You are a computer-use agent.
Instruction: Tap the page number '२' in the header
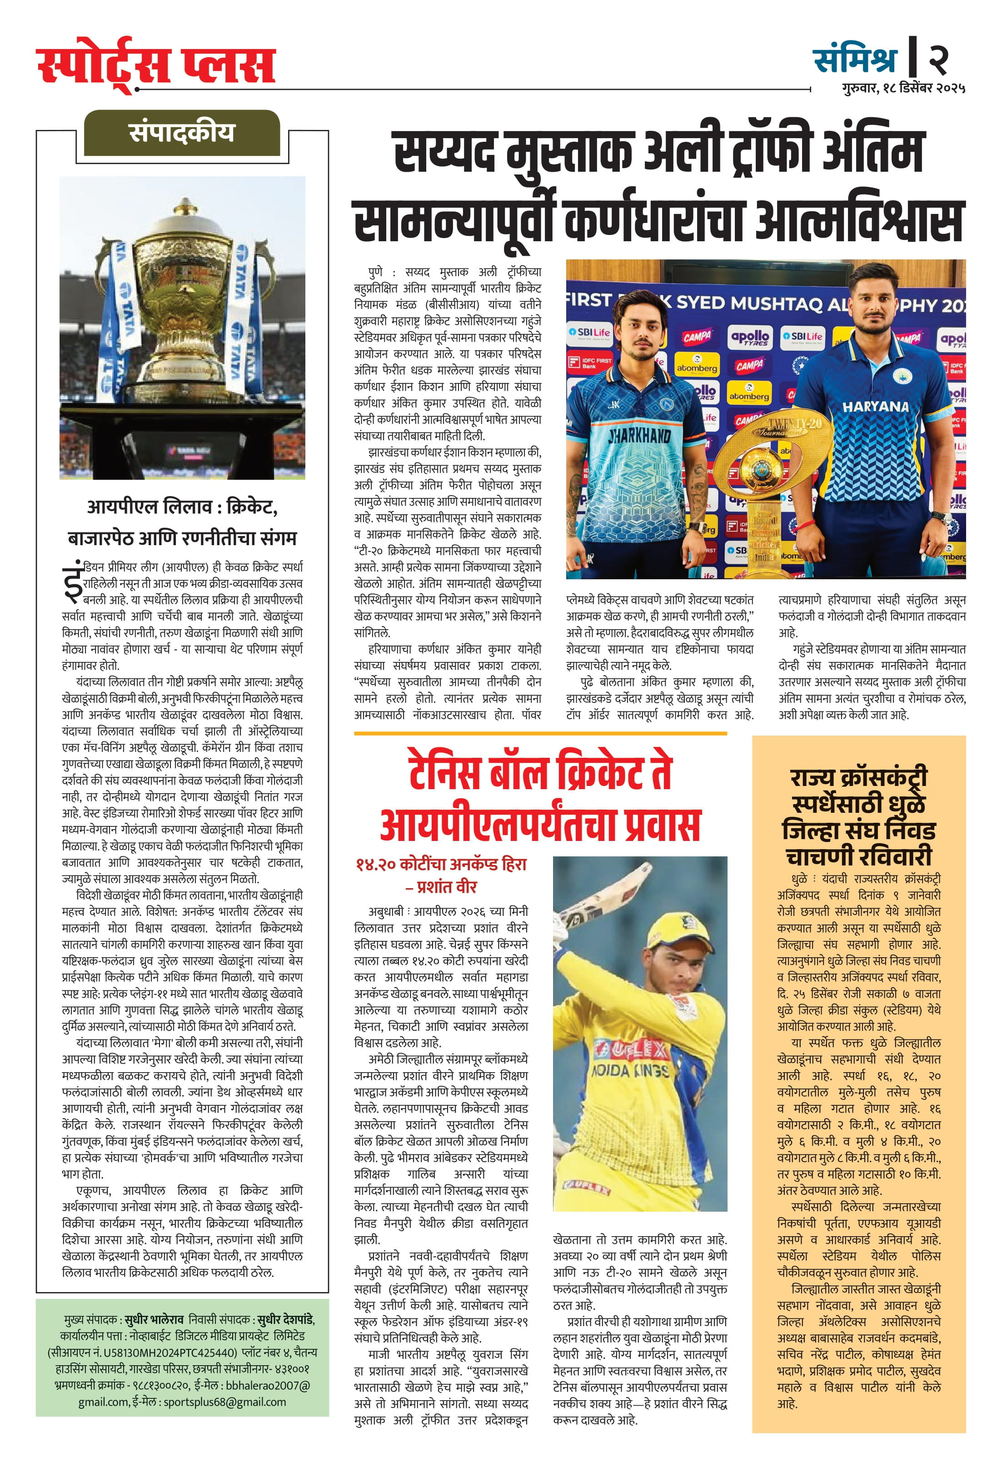(x=938, y=58)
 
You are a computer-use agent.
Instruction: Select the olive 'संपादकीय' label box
(x=181, y=133)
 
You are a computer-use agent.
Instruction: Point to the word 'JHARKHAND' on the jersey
(x=639, y=436)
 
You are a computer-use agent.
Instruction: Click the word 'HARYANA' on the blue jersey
(x=875, y=407)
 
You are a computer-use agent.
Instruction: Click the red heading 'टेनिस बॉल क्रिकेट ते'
(x=540, y=771)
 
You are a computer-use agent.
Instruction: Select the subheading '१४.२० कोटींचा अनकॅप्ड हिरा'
(x=441, y=864)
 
